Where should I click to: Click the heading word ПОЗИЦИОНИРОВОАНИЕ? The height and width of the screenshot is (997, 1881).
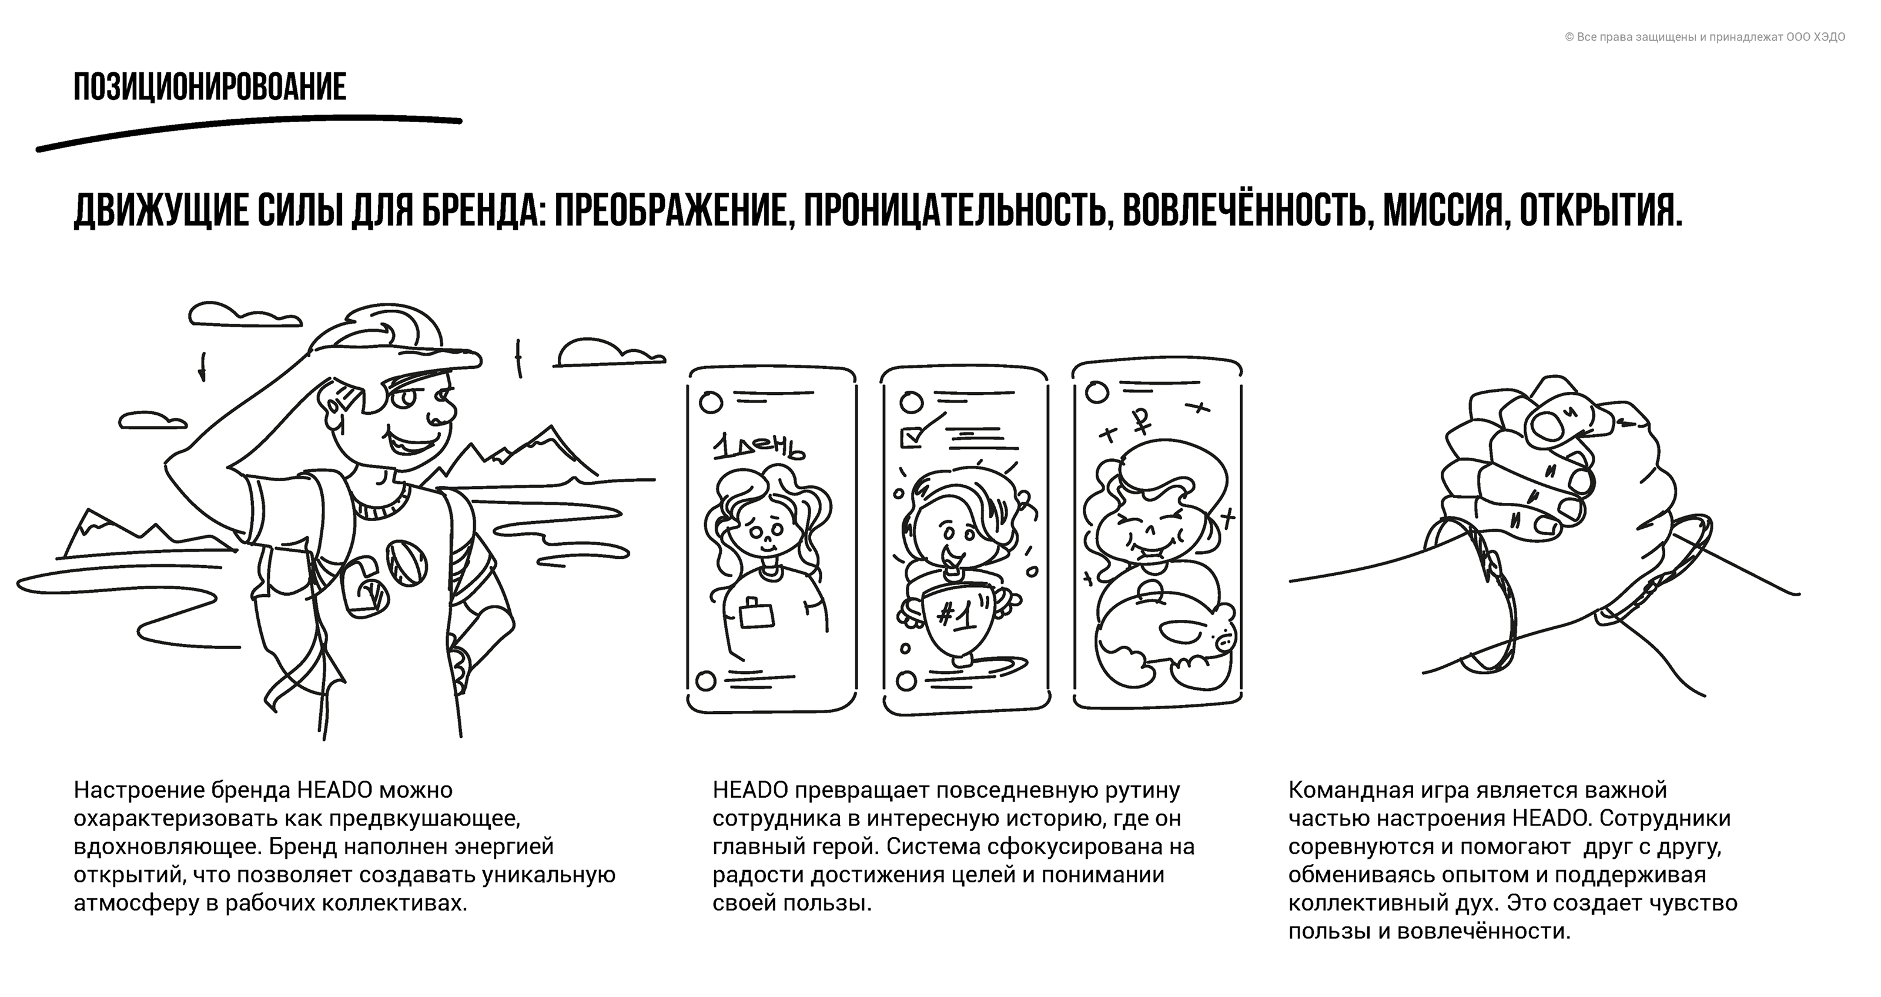(210, 87)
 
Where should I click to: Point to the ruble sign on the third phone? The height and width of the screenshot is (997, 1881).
(1140, 419)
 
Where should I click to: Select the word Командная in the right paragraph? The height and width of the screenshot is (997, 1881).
(1343, 790)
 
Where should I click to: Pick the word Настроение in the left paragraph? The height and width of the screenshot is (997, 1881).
(139, 790)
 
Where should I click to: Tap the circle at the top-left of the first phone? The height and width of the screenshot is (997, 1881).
(711, 402)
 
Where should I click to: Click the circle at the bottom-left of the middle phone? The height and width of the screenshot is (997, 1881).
(905, 680)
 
